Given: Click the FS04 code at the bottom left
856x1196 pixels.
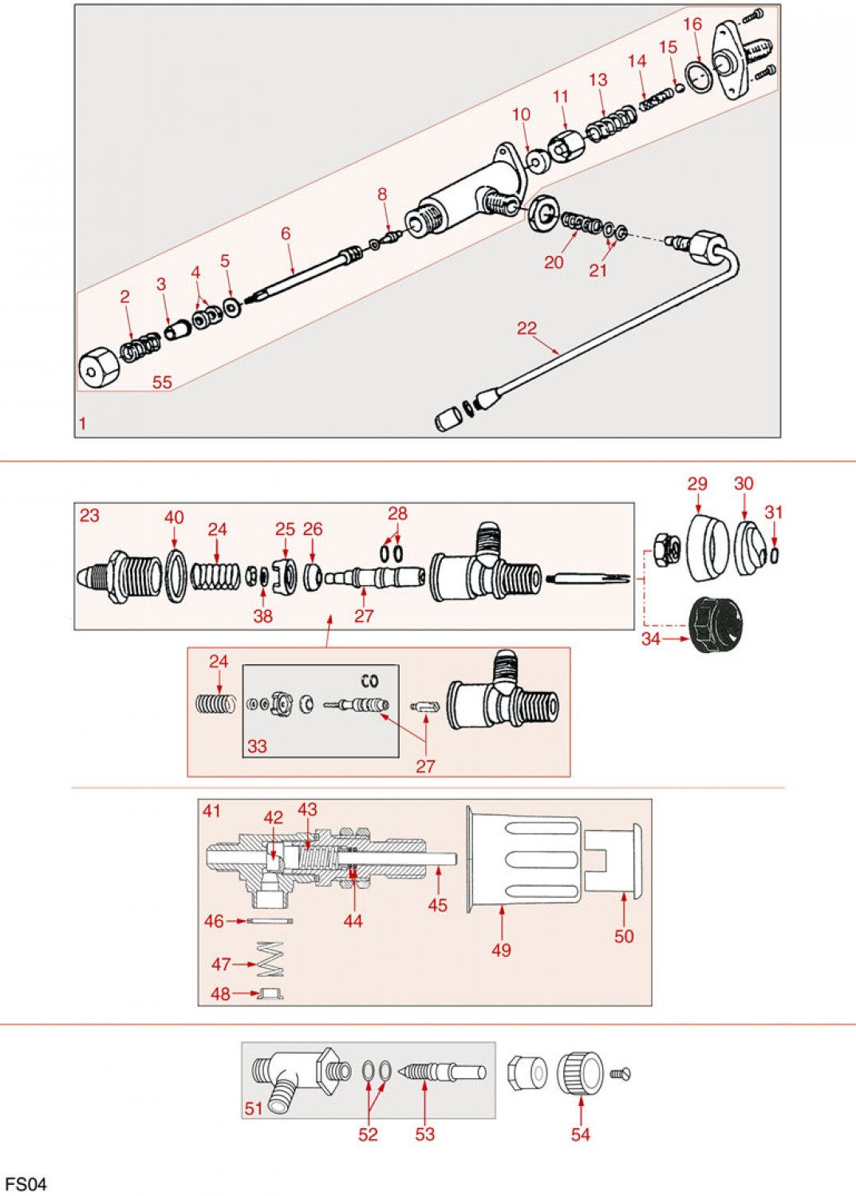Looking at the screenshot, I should pos(26,1184).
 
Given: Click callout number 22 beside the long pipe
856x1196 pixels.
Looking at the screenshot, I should pos(527,329).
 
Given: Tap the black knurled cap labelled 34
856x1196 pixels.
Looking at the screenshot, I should pos(715,624).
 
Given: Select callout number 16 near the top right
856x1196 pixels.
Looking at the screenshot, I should pos(692,25).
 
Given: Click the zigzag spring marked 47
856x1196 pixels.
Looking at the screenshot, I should pos(271,959).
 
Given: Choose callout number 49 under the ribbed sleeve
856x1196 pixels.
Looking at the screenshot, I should pos(501,950).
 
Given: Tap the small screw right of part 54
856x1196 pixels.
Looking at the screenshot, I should pos(620,1074).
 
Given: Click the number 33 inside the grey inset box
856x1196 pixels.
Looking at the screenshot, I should pos(257,746).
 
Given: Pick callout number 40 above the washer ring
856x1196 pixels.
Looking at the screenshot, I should pos(174,517).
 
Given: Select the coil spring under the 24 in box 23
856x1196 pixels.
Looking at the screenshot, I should pos(215,575).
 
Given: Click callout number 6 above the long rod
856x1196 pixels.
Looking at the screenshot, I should pos(286,234).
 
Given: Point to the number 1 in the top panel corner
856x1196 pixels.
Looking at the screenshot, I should pos(82,423).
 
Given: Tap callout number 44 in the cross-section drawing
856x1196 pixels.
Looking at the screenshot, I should pos(353,921).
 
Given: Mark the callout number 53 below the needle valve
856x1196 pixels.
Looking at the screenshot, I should pos(424,1134).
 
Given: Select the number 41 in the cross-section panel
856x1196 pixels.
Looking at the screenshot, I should pos(211,811).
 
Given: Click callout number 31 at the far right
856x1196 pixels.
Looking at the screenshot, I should pos(773,512).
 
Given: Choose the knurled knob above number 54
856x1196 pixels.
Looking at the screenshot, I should pos(581,1072).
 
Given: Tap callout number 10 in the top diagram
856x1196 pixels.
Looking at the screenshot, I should pos(521,115).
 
